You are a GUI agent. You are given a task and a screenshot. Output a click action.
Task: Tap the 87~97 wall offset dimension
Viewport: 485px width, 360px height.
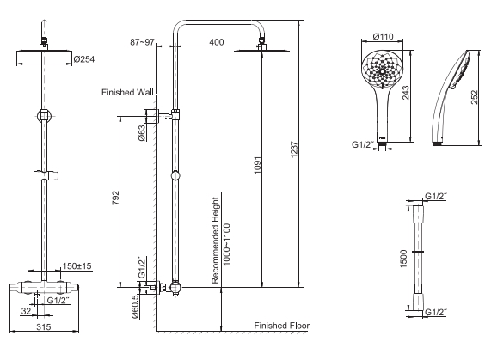coord(141,40)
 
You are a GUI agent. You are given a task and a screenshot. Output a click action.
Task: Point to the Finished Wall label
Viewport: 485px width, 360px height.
coord(127,92)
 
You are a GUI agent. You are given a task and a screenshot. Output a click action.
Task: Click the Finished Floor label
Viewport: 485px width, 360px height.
coord(281,326)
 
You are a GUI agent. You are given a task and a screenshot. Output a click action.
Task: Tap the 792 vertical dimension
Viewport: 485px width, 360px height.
coord(115,199)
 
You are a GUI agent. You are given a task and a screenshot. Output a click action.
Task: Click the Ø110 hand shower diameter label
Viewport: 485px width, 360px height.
coord(384,37)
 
